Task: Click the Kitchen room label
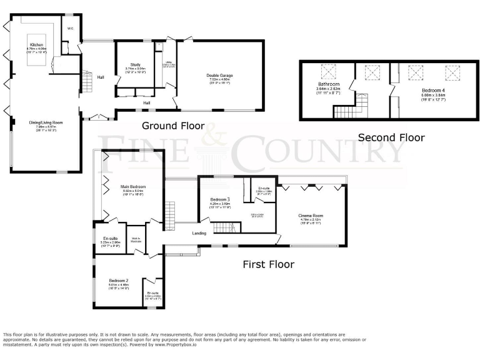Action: [x=36, y=45]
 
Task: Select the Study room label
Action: [x=135, y=64]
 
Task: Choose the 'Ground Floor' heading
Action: [x=173, y=126]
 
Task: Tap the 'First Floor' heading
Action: [x=268, y=264]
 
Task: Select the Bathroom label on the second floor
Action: [x=327, y=84]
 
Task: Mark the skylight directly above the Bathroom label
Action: [x=327, y=71]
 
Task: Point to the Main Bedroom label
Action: [x=134, y=187]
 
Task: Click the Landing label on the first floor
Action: [x=199, y=234]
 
